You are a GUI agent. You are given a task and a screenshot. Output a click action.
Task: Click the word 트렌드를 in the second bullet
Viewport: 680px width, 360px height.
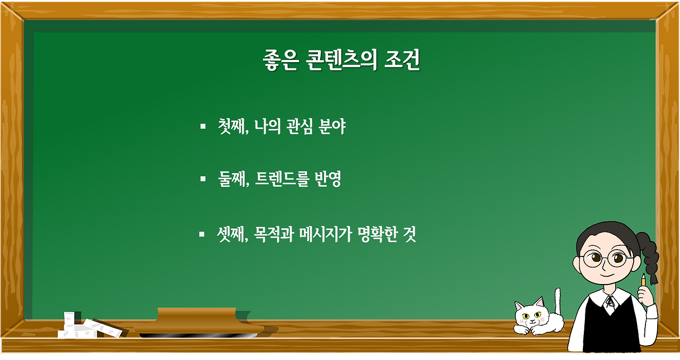[x=280, y=180]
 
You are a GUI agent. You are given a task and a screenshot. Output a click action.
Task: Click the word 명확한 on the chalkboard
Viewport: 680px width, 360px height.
[x=375, y=234]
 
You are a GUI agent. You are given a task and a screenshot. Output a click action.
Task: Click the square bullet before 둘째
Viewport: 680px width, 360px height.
[x=202, y=179]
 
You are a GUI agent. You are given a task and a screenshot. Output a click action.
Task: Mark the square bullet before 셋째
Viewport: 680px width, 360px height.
[x=202, y=234]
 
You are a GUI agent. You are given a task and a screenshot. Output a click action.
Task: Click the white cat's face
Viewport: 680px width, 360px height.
[x=529, y=315]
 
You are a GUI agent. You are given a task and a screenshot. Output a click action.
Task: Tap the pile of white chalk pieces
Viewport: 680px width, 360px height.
[x=80, y=326]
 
